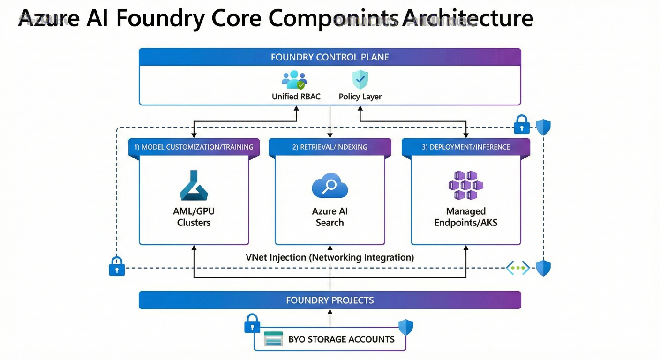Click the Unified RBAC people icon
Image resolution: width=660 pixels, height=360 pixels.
point(294,80)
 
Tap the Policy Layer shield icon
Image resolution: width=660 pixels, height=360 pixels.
point(360,80)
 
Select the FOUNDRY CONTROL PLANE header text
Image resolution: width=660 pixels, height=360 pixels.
point(330,57)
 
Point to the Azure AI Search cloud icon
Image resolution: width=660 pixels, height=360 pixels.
point(330,187)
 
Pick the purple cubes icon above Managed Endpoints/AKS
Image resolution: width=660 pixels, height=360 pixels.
point(465,186)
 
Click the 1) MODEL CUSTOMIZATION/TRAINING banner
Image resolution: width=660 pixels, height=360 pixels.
point(194,147)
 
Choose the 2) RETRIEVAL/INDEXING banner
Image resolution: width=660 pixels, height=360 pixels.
point(330,147)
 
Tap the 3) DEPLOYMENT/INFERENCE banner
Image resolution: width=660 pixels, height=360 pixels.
point(465,147)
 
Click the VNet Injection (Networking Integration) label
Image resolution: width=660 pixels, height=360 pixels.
point(330,257)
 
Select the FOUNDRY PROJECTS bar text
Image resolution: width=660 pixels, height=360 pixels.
point(330,300)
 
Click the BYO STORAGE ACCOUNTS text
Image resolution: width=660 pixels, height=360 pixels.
point(341,339)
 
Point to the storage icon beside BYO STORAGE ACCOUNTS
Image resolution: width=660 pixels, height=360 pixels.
point(273,339)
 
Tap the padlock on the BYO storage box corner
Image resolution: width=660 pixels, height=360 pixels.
point(252,323)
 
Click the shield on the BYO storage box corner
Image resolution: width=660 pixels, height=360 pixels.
point(405,327)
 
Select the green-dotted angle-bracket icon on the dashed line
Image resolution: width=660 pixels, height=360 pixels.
point(517,268)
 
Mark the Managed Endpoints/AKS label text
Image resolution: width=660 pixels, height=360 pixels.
point(465,217)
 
